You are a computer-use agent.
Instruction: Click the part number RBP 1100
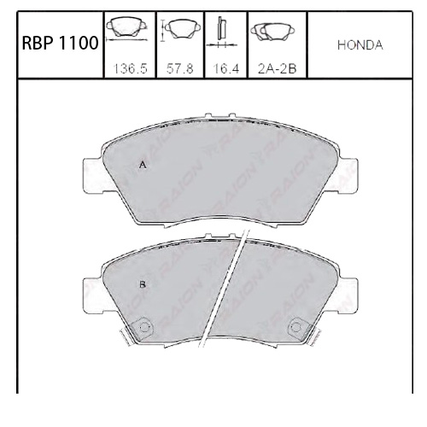pyautogui.click(x=59, y=45)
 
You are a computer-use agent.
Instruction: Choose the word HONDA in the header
pyautogui.click(x=360, y=45)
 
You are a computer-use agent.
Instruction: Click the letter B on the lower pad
pyautogui.click(x=143, y=283)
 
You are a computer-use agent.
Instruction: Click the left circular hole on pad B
pyautogui.click(x=143, y=326)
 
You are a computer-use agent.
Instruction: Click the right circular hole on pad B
pyautogui.click(x=296, y=326)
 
